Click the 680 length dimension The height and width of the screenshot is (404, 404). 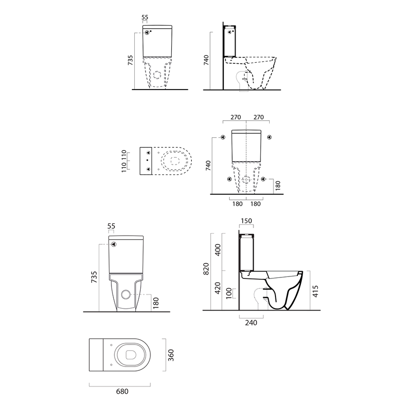pyautogui.click(x=122, y=391)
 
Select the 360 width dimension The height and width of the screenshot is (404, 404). pyautogui.click(x=171, y=355)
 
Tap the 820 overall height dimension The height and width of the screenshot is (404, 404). pyautogui.click(x=206, y=269)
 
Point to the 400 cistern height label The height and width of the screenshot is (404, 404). pyautogui.click(x=218, y=250)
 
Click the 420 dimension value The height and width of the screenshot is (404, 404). pyautogui.click(x=218, y=288)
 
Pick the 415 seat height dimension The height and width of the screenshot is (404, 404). pyautogui.click(x=315, y=291)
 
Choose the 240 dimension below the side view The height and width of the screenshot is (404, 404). pyautogui.click(x=251, y=323)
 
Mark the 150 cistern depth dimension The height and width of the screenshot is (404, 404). pyautogui.click(x=246, y=221)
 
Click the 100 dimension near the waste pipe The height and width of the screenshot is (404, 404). pyautogui.click(x=229, y=294)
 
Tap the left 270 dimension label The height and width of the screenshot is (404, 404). pyautogui.click(x=236, y=117)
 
